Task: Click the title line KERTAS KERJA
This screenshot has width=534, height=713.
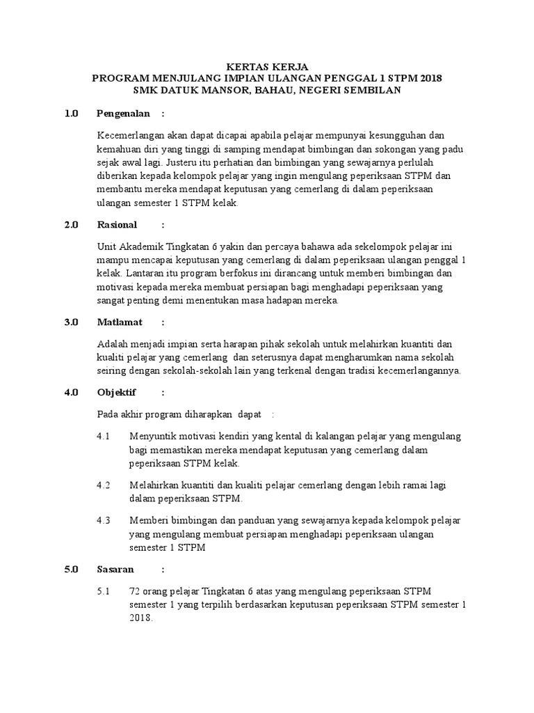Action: tap(268, 67)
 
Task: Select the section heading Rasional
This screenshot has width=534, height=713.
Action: tap(118, 225)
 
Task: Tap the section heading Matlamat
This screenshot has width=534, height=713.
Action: tap(120, 322)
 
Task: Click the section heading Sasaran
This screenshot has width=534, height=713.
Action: tap(115, 569)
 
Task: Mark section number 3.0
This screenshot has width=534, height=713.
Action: tap(72, 322)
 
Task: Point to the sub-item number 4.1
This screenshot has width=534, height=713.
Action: tap(104, 436)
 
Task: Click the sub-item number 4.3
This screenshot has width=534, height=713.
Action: tap(104, 520)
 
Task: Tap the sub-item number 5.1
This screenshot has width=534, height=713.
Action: tap(104, 590)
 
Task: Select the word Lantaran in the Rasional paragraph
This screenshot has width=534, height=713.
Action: tap(138, 274)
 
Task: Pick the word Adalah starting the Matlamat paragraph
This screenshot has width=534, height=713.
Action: tap(113, 344)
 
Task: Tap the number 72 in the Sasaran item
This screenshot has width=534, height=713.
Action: tap(135, 590)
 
